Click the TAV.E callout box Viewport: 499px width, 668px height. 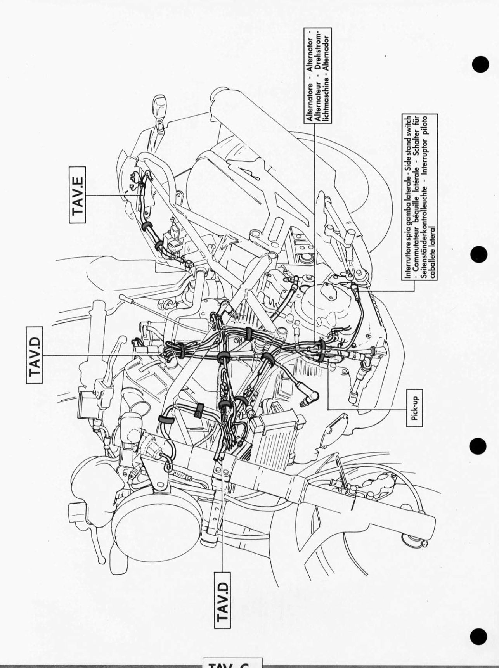pos(78,194)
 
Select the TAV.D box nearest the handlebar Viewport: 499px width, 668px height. pos(35,355)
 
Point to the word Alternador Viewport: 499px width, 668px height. pos(327,53)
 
